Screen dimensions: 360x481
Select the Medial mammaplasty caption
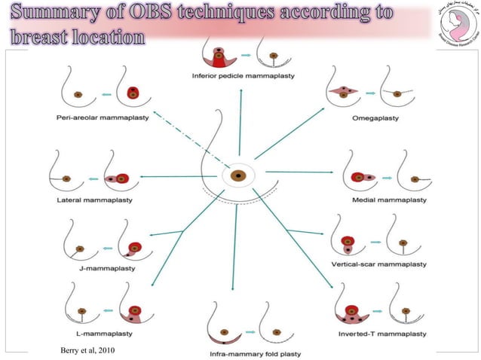click(389, 200)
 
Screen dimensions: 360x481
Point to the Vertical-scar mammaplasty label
click(378, 265)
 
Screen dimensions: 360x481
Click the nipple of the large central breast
click(238, 177)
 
